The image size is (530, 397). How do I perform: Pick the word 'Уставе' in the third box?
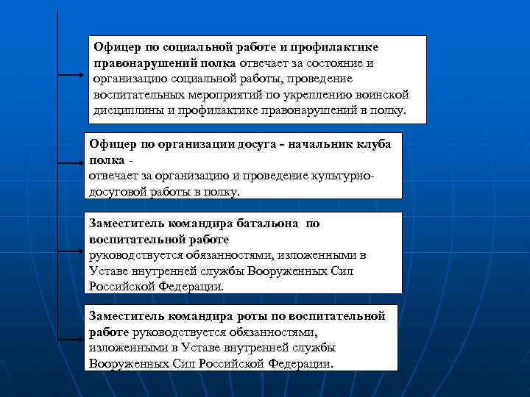pos(108,271)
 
